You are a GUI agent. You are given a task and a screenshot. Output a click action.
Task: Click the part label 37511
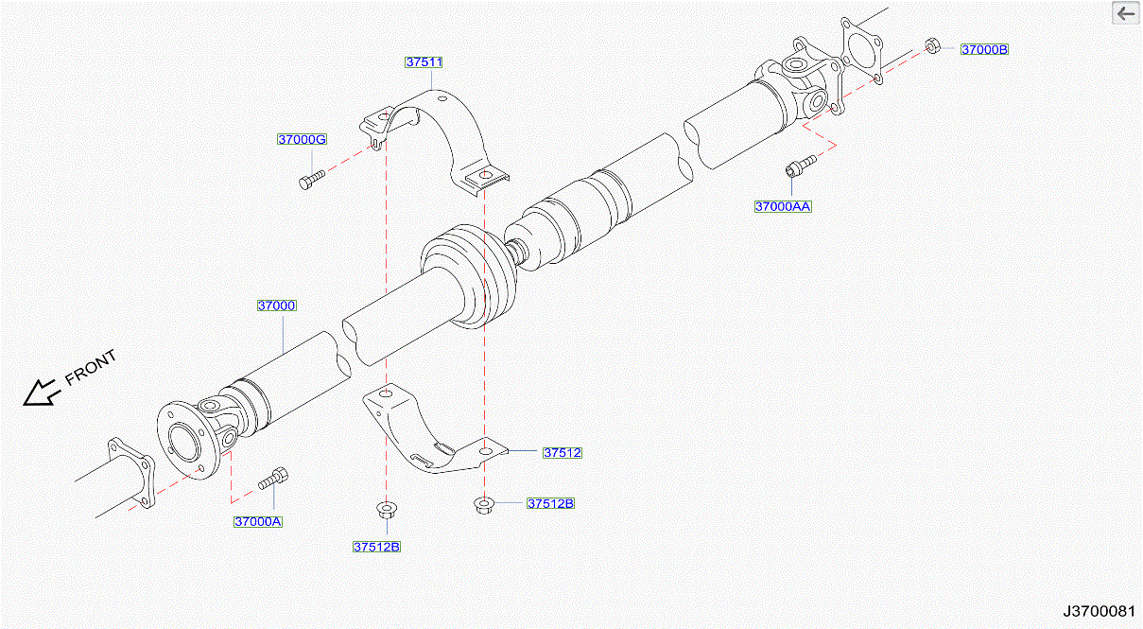pyautogui.click(x=424, y=62)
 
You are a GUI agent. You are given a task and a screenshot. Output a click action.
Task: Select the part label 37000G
pyautogui.click(x=302, y=140)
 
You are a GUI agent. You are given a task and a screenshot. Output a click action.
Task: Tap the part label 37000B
pyautogui.click(x=984, y=49)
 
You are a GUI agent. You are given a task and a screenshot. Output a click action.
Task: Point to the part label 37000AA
pyautogui.click(x=783, y=206)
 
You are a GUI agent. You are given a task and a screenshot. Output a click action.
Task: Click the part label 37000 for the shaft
pyautogui.click(x=277, y=306)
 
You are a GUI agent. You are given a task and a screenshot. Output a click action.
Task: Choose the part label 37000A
pyautogui.click(x=259, y=521)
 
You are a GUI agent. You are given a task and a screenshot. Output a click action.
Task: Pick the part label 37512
pyautogui.click(x=562, y=453)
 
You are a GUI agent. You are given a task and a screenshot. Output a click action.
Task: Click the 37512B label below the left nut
pyautogui.click(x=376, y=547)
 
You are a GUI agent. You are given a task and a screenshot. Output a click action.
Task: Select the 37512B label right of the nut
pyautogui.click(x=550, y=503)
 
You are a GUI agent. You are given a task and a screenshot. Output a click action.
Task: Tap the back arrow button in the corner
pyautogui.click(x=1125, y=14)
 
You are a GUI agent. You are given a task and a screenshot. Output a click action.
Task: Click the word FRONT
pyautogui.click(x=91, y=368)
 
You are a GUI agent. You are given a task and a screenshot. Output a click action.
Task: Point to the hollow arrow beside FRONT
pyautogui.click(x=40, y=393)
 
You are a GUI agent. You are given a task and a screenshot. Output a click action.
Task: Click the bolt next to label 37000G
pyautogui.click(x=310, y=179)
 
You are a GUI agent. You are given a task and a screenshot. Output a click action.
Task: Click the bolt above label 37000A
pyautogui.click(x=273, y=479)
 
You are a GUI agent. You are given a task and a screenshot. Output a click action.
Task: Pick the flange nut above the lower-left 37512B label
pyautogui.click(x=386, y=511)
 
